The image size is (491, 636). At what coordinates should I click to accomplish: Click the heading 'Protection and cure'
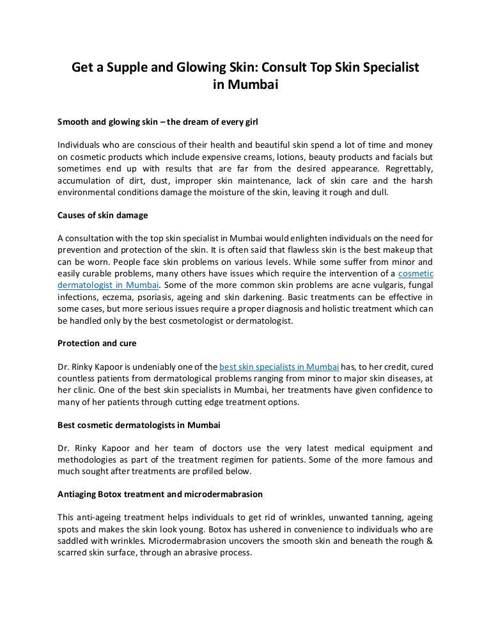[97, 343]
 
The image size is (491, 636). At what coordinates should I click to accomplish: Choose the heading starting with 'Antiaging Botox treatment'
[160, 494]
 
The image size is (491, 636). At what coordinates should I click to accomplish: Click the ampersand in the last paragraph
[428, 541]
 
